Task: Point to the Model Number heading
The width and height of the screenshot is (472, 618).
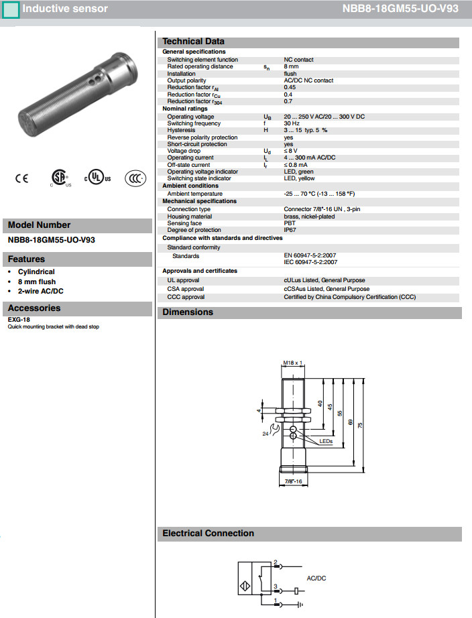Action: pos(39,225)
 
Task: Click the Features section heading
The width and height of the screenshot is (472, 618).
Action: pos(27,259)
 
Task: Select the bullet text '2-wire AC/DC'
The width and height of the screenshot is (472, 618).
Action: pos(41,292)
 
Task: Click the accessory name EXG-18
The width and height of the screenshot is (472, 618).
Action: pos(19,320)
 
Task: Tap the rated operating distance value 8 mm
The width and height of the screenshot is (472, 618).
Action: pos(292,66)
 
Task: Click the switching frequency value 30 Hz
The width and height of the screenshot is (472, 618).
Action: pos(292,123)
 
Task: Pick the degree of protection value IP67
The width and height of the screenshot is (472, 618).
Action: pos(290,230)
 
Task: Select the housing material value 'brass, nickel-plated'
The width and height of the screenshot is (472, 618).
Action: pos(310,217)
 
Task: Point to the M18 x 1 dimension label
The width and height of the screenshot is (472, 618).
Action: pos(292,363)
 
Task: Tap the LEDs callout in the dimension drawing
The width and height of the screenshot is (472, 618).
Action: pos(326,441)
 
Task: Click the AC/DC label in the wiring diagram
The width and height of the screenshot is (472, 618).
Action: pos(316,578)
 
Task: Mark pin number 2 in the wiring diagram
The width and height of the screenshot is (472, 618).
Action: pos(276,562)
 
